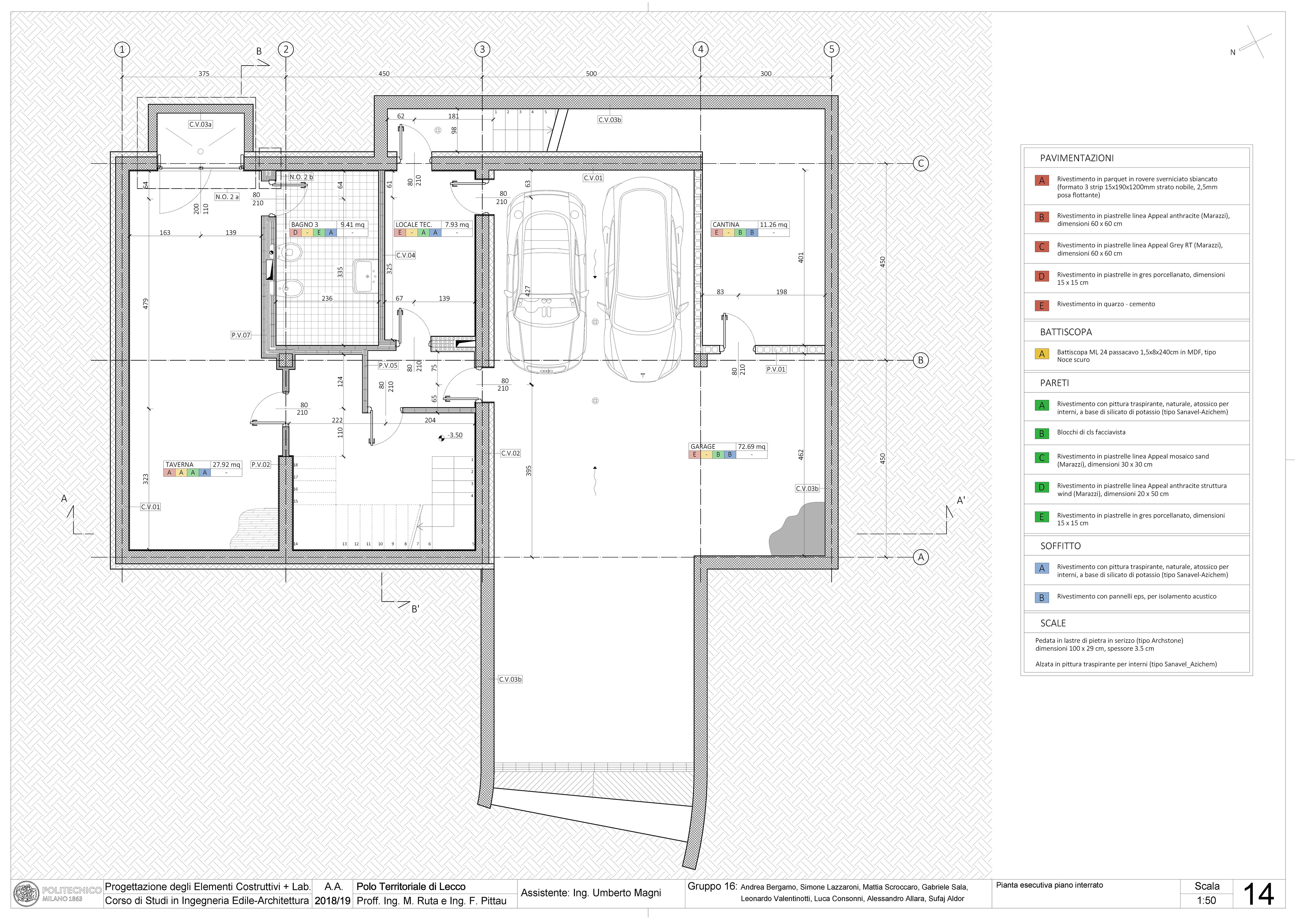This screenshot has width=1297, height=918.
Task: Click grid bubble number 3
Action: click(482, 49)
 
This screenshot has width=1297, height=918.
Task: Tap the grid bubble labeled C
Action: click(921, 163)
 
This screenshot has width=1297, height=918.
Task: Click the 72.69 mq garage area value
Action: click(751, 446)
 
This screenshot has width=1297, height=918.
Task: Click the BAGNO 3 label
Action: click(304, 224)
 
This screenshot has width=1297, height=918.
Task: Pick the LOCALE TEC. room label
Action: click(413, 224)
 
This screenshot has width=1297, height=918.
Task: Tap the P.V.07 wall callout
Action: click(240, 335)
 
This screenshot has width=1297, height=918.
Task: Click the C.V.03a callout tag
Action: click(201, 124)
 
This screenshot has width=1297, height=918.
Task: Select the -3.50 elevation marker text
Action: click(455, 435)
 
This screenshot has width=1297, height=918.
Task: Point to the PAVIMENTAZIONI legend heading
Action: click(1077, 158)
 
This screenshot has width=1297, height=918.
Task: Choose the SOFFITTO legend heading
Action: click(1060, 546)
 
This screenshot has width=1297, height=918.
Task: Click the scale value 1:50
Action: click(1206, 900)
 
